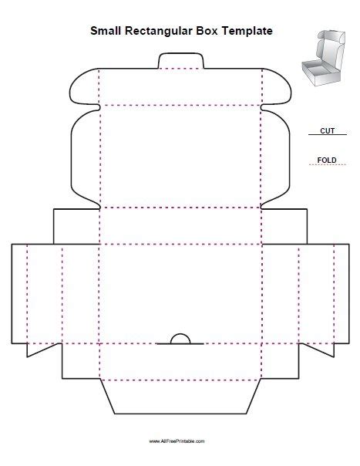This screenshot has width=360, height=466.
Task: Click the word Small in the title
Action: click(x=106, y=32)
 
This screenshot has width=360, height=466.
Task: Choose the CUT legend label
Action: click(x=326, y=131)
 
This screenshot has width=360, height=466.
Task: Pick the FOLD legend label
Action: click(x=326, y=160)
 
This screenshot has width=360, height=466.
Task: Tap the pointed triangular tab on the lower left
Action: click(x=36, y=349)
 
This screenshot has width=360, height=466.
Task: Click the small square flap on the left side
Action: click(x=76, y=225)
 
